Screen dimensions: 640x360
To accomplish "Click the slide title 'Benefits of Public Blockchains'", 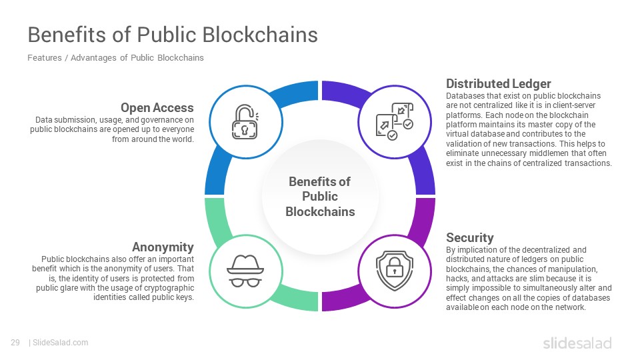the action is click(173, 35).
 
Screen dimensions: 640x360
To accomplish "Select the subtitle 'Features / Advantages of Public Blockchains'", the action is click(115, 58).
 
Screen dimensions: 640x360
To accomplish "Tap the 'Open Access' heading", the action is click(157, 108).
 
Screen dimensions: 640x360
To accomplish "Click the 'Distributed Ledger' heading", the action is click(499, 84).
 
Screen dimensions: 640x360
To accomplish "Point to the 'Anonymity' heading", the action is click(163, 247).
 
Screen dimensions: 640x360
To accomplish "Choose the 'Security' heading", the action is click(470, 237).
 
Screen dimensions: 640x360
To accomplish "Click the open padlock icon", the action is click(245, 121).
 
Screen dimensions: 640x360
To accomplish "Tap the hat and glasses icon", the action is click(245, 271).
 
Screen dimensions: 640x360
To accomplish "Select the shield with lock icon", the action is click(394, 271).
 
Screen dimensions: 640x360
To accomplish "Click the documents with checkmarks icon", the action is click(394, 121).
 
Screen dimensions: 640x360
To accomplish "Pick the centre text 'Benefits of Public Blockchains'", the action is click(320, 196).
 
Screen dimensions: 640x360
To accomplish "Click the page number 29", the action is click(15, 343).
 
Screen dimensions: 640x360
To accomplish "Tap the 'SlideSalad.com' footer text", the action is click(61, 343).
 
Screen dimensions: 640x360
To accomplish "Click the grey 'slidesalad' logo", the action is click(577, 343).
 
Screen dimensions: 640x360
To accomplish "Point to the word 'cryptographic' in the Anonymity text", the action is click(169, 288).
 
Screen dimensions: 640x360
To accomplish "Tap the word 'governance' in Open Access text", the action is click(162, 120).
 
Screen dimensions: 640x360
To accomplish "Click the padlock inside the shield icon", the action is click(394, 267).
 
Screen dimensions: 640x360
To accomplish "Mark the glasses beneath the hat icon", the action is click(245, 283).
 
